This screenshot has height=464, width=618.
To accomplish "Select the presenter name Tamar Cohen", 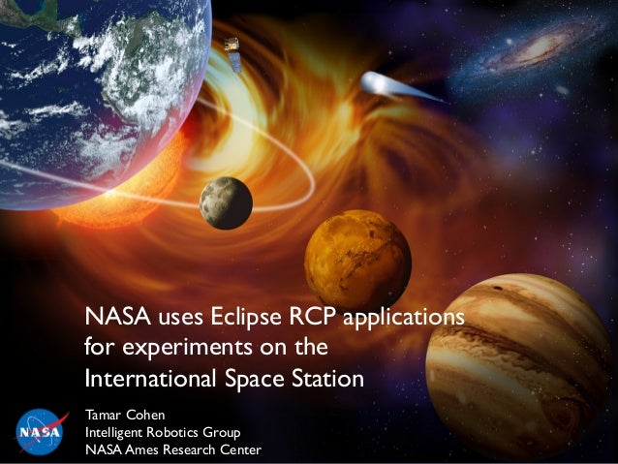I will click(x=126, y=415).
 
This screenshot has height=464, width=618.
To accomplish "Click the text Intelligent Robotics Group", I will click(x=163, y=432).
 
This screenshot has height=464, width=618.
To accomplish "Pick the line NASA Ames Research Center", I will click(x=173, y=449).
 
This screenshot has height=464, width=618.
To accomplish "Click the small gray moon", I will click(x=226, y=202).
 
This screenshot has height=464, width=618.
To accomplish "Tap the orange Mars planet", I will click(x=357, y=258).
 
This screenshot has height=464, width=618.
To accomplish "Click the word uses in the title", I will click(x=173, y=318).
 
